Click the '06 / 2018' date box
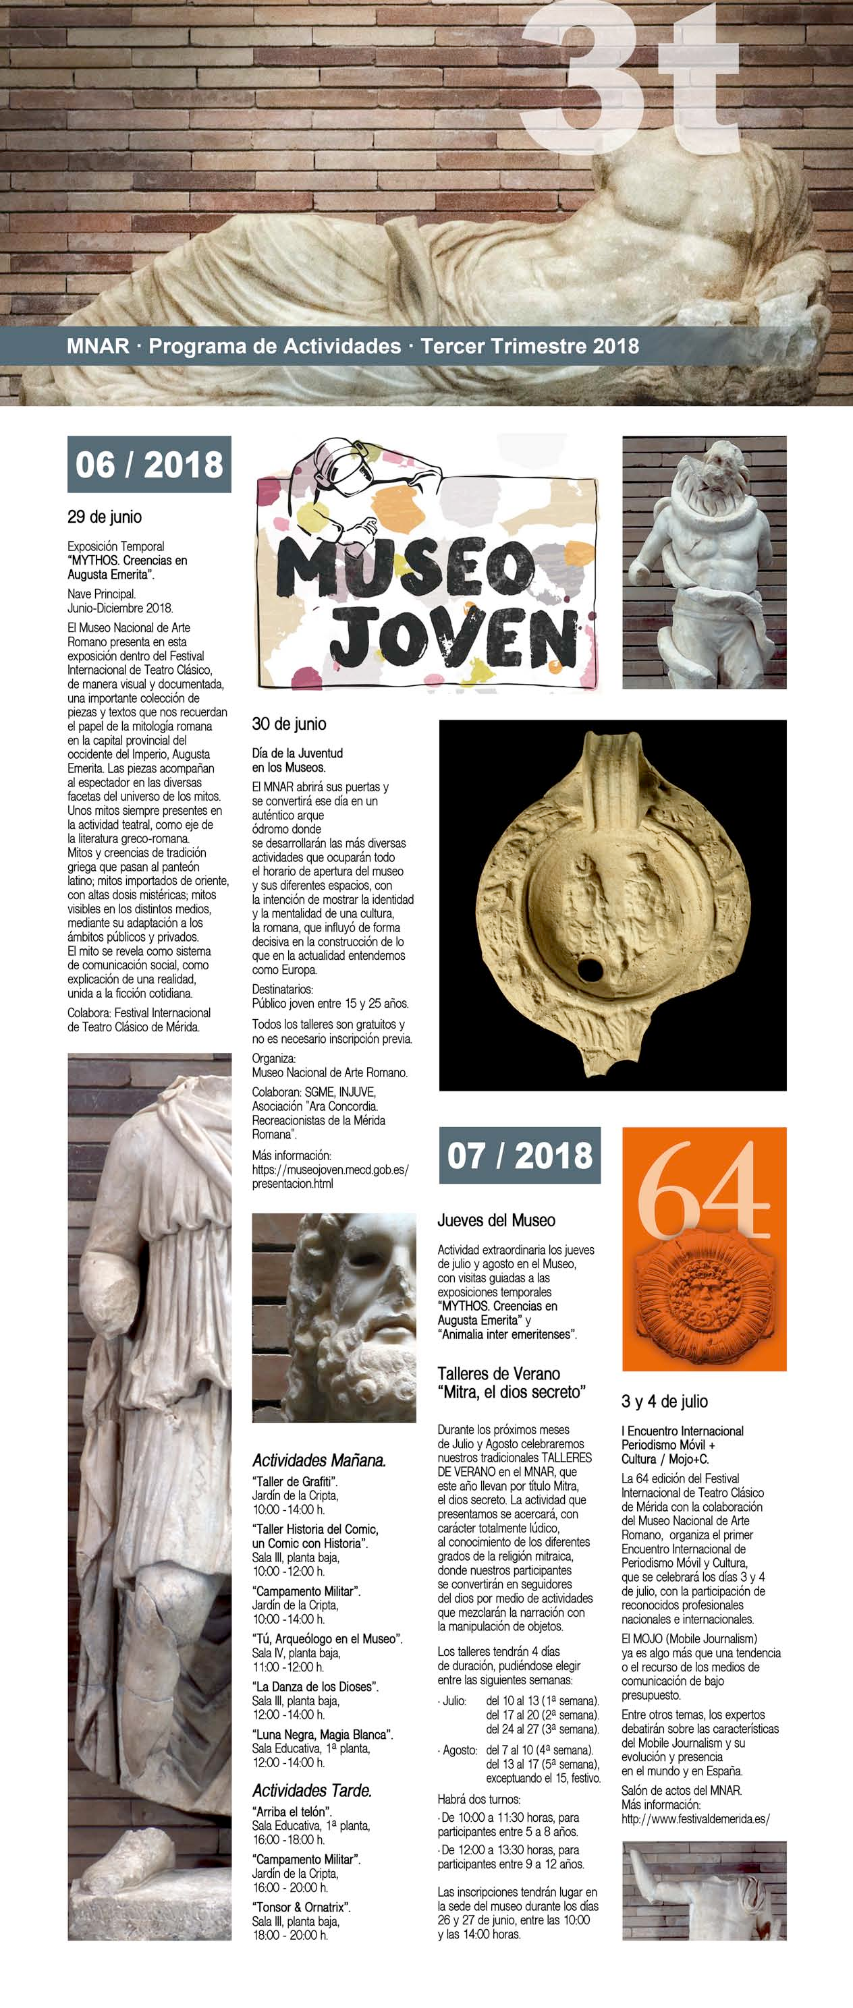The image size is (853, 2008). pyautogui.click(x=149, y=465)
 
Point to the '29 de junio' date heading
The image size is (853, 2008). pyautogui.click(x=105, y=517)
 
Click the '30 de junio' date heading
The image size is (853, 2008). pyautogui.click(x=288, y=724)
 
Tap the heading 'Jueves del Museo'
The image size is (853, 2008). pyautogui.click(x=496, y=1221)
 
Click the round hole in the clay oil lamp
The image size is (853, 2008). pyautogui.click(x=590, y=971)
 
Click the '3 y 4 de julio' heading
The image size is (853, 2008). pyautogui.click(x=664, y=1402)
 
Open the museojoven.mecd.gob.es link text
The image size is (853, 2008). pyautogui.click(x=330, y=1170)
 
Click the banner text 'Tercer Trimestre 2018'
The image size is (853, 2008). pyautogui.click(x=530, y=346)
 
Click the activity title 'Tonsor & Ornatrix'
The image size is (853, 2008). pyautogui.click(x=301, y=1907)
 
